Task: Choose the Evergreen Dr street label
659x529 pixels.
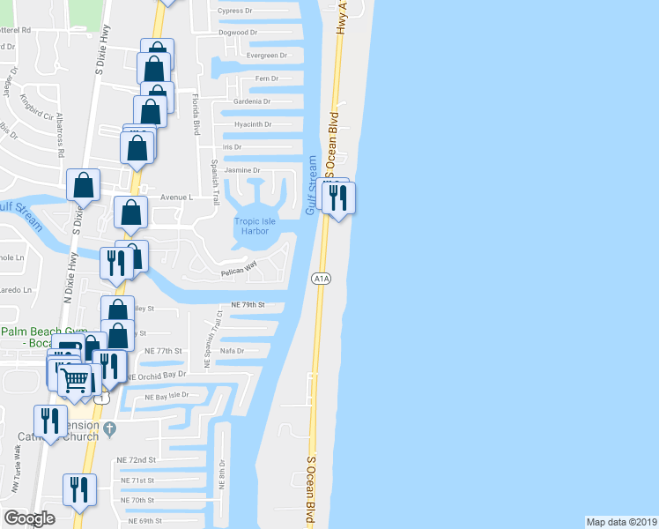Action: (x=267, y=56)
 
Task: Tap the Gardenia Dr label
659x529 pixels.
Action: (x=251, y=101)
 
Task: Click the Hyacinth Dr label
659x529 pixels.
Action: (x=253, y=124)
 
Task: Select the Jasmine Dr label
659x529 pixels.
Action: (x=243, y=169)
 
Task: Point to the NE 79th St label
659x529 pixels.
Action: (x=248, y=305)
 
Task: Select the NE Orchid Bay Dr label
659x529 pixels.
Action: (x=158, y=376)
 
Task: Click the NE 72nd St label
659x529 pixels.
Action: (x=136, y=460)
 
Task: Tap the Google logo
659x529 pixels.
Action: (x=29, y=518)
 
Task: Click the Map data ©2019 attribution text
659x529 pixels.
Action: (x=621, y=521)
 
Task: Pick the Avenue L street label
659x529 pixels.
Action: (x=175, y=197)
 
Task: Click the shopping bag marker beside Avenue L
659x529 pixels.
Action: (x=84, y=185)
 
